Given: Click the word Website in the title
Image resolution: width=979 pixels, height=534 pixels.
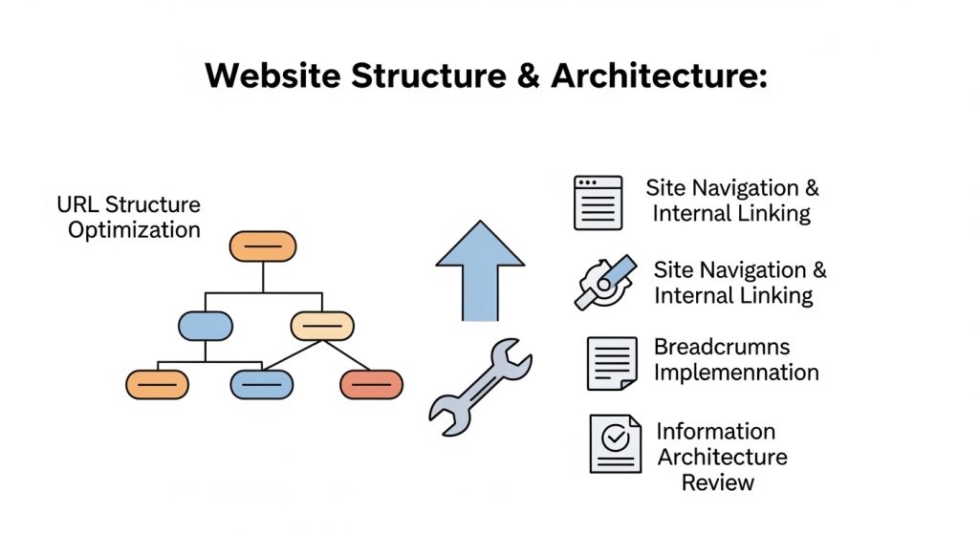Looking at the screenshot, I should point(272,76).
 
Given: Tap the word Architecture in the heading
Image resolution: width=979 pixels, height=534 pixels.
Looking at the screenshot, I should point(659,76).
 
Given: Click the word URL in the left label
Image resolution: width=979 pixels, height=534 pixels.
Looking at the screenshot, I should point(77,204).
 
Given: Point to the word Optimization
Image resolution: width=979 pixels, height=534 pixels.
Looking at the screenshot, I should point(134,230).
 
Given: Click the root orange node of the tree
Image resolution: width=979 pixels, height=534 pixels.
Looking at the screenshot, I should point(263,246).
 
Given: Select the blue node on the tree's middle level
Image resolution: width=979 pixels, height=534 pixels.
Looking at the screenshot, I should point(206,326).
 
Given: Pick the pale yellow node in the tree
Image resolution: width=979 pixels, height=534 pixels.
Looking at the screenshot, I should point(322,326).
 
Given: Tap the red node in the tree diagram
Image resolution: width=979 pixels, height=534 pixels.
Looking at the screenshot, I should point(372,384).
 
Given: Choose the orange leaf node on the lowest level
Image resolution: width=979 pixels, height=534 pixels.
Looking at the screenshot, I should point(157,384).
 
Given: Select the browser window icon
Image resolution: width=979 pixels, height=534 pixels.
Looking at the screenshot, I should point(598,203).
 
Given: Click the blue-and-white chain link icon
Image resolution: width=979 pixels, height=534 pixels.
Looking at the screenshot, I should point(603,282).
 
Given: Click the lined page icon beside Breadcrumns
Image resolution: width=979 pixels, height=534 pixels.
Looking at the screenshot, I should point(612,363).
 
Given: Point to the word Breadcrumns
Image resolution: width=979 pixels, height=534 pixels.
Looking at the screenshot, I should point(722,347).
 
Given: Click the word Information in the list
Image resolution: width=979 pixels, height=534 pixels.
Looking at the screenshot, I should point(715,432).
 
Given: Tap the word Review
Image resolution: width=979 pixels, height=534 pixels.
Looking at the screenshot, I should point(717,482).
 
